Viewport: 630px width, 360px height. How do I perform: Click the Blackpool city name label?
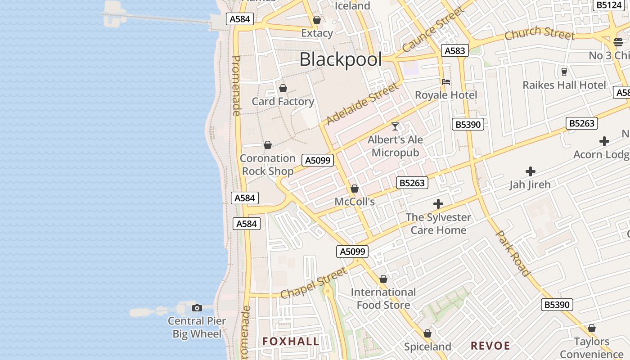tap(341, 59)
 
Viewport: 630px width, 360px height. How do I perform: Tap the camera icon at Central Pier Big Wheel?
tap(197, 308)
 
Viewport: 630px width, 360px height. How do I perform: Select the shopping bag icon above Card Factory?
tap(283, 88)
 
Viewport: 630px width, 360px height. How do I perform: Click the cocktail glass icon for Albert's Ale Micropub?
tap(395, 126)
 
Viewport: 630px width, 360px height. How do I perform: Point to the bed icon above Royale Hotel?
tap(446, 82)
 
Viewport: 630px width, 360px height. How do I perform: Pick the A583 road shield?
tap(454, 51)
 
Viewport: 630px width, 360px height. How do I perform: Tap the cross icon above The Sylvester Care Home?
tap(438, 204)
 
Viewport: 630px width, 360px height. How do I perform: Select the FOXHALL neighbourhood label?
tap(291, 342)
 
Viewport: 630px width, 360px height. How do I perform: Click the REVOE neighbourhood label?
tap(490, 346)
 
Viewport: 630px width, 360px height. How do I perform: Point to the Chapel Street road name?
tap(314, 283)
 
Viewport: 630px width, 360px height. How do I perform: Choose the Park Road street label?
tap(513, 253)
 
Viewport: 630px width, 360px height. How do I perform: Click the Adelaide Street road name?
tap(362, 104)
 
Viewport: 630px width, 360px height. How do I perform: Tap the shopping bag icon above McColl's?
tap(355, 189)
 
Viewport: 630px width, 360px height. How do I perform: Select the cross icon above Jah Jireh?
tap(530, 171)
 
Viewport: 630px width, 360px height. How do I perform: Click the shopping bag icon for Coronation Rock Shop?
tap(268, 145)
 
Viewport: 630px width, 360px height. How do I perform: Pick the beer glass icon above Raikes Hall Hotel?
tap(564, 72)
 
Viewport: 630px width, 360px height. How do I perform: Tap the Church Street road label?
tap(540, 33)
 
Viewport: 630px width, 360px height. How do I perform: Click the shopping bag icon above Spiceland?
tap(427, 334)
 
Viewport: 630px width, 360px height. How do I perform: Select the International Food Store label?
tap(383, 298)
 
